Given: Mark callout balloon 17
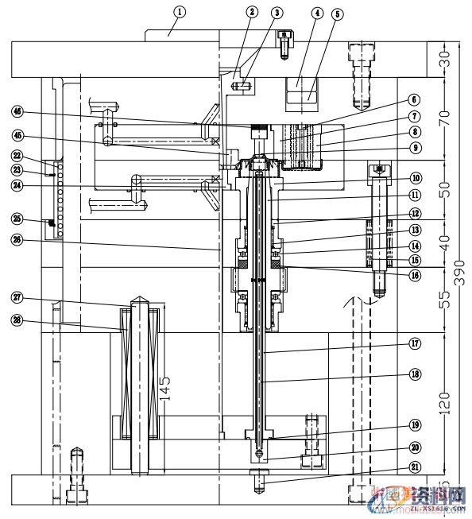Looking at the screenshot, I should click(415, 343).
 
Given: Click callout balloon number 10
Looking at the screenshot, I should click(415, 178).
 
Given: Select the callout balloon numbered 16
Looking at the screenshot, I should click(415, 275).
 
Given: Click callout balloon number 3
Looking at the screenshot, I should click(276, 13).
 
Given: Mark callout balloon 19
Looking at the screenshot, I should click(415, 424).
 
